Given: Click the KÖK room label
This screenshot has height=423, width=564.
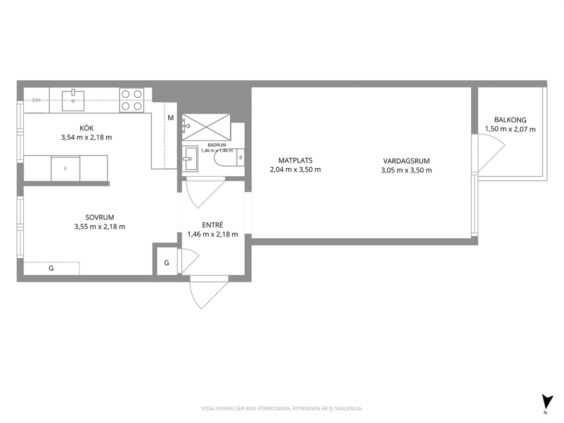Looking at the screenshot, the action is click(x=86, y=128).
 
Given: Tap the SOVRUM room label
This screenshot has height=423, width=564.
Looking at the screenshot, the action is click(x=99, y=217).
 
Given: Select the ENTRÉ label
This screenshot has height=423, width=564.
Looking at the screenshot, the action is click(x=213, y=225).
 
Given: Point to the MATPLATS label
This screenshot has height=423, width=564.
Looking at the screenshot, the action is click(x=295, y=160).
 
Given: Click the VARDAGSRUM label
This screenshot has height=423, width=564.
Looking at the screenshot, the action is click(x=407, y=161).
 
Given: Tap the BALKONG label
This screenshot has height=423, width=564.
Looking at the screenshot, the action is click(x=510, y=120).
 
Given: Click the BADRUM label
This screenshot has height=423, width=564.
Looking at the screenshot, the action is click(x=217, y=145).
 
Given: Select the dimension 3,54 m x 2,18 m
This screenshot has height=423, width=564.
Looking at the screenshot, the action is click(x=86, y=137).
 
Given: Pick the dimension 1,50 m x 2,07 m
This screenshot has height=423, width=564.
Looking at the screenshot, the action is click(x=510, y=129).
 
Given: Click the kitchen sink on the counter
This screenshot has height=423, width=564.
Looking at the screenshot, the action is click(x=73, y=101).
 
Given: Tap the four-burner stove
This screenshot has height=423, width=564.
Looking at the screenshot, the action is click(x=132, y=100).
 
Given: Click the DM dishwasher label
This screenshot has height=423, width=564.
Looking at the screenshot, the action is click(x=36, y=101).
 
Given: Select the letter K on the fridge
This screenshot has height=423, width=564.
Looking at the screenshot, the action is click(x=65, y=168).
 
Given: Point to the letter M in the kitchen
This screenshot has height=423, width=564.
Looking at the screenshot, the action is click(x=171, y=118).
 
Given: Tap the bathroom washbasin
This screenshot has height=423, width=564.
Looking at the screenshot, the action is click(x=190, y=158).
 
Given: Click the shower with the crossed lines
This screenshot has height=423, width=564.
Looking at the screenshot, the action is click(x=206, y=127).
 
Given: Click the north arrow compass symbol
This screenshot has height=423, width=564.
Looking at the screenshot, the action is click(x=547, y=401).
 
